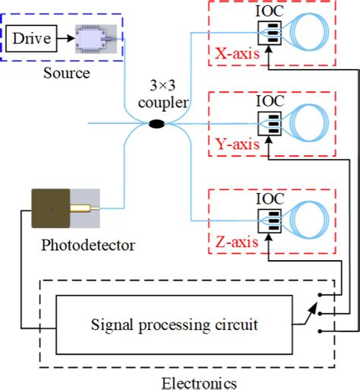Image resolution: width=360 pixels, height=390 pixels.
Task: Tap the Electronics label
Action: [x=200, y=381]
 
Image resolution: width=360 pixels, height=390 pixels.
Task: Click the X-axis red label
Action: [x=238, y=54]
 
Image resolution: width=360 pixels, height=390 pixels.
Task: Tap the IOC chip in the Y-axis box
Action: [x=270, y=123]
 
